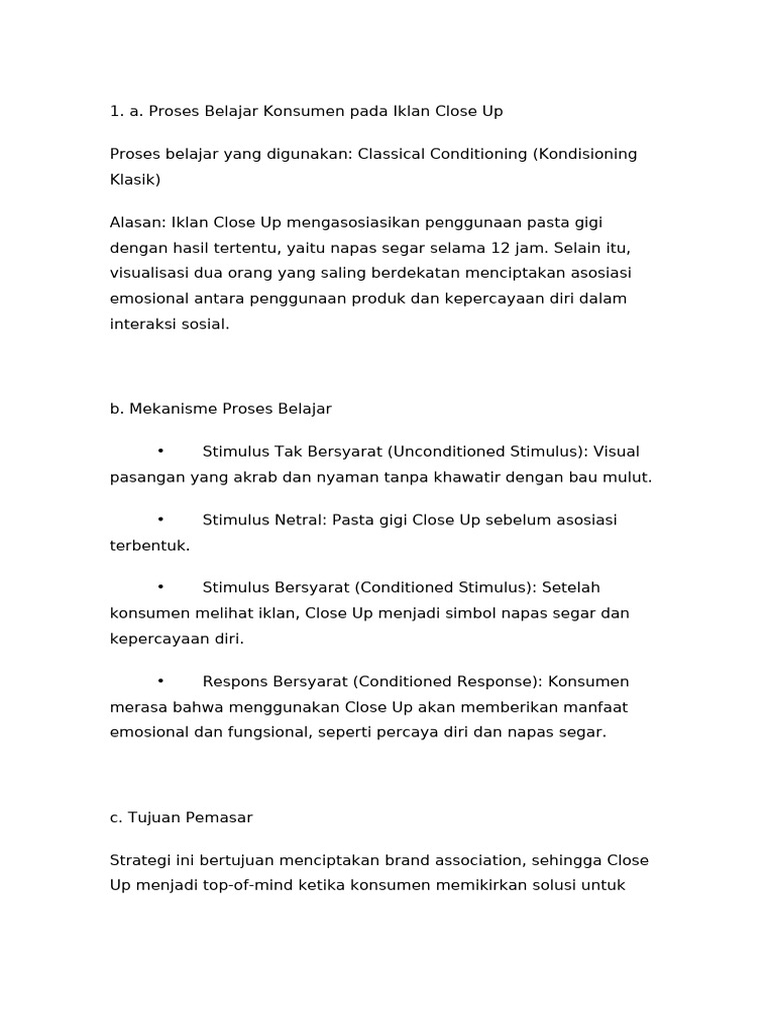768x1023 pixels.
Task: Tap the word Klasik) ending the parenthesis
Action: (135, 180)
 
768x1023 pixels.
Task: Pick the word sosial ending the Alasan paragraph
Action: (206, 325)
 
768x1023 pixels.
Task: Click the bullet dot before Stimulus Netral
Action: (160, 519)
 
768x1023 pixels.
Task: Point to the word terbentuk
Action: (149, 545)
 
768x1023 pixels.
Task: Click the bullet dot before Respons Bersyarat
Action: (160, 681)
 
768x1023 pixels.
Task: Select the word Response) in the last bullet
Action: (495, 681)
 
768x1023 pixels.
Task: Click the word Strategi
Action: (139, 859)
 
